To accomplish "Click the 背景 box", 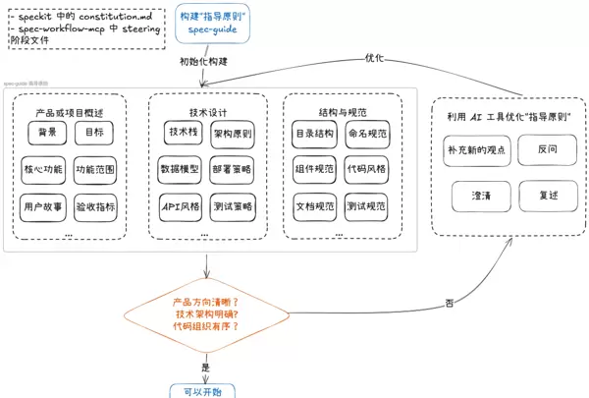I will click(x=47, y=132).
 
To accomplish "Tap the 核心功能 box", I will click(x=43, y=169).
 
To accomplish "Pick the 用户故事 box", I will click(x=43, y=206).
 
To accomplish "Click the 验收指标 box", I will click(x=95, y=206).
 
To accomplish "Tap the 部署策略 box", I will click(x=232, y=169).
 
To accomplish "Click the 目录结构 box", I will click(x=314, y=132).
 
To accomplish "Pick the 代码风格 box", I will click(x=367, y=169).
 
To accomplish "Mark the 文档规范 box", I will click(x=314, y=206).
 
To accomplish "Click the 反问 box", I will click(x=548, y=150).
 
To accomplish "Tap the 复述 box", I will click(x=548, y=197).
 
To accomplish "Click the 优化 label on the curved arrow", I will click(x=374, y=57).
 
